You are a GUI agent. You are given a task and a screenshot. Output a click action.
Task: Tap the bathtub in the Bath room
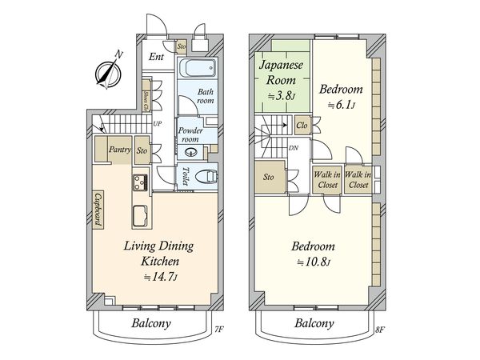coord(198,69)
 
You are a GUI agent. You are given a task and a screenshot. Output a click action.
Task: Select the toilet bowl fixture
coord(206,177)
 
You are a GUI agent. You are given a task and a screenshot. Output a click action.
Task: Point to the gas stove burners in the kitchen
coord(140,182)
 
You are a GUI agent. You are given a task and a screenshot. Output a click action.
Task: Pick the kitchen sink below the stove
coord(141,216)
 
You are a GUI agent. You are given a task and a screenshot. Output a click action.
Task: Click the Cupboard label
coord(98,209)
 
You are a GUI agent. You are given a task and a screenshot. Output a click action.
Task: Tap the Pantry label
coord(120,150)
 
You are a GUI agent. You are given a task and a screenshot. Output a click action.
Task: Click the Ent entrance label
coord(157,57)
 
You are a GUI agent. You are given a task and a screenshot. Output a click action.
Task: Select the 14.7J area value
coord(161,277)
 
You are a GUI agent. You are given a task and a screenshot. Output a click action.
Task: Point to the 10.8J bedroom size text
coord(314,262)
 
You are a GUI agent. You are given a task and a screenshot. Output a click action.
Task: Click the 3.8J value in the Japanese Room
coord(282,97)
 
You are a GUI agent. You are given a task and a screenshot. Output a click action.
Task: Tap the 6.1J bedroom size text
coord(341,105)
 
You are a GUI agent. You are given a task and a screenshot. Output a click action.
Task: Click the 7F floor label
coord(219,330)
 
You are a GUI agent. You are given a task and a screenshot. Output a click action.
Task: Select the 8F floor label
coord(380,330)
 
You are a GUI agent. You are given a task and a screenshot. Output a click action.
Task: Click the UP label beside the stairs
coord(158,124)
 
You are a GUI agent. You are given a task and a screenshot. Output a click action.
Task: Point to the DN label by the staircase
coord(294,148)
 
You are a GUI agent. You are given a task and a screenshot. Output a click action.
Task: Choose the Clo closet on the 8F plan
coord(302,126)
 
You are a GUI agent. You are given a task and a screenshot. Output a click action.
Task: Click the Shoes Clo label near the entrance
coord(146,101)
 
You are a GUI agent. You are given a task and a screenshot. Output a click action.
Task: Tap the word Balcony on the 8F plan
coord(314,323)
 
